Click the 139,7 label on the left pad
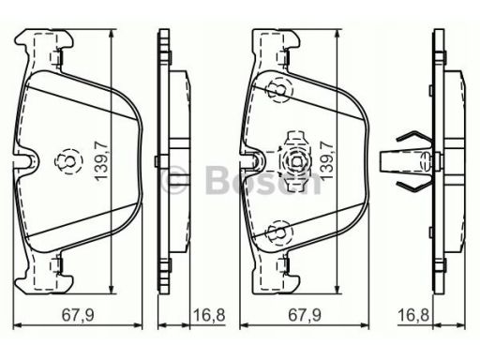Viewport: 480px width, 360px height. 102,160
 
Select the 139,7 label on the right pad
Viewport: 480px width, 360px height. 327,160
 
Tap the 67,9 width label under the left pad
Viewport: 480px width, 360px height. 78,315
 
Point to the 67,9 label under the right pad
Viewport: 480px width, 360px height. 305,315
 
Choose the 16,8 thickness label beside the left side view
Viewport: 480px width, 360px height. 209,315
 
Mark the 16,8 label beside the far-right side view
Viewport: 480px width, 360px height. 413,315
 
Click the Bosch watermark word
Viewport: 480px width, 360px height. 263,180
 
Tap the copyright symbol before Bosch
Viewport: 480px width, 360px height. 175,180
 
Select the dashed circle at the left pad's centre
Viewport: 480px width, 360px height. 68,161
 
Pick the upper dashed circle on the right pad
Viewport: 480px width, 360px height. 279,90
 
